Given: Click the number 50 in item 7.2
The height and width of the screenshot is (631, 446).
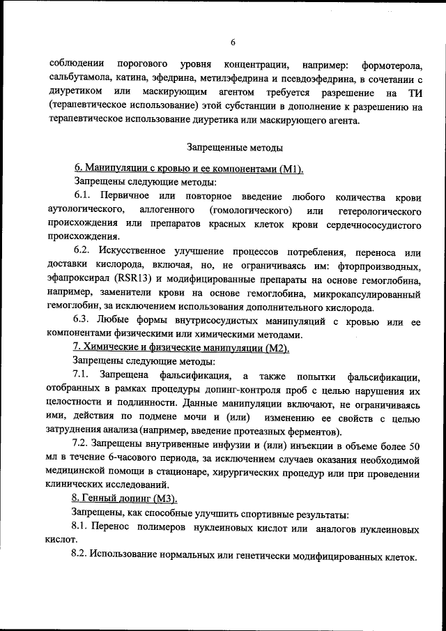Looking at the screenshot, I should click(x=414, y=444).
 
